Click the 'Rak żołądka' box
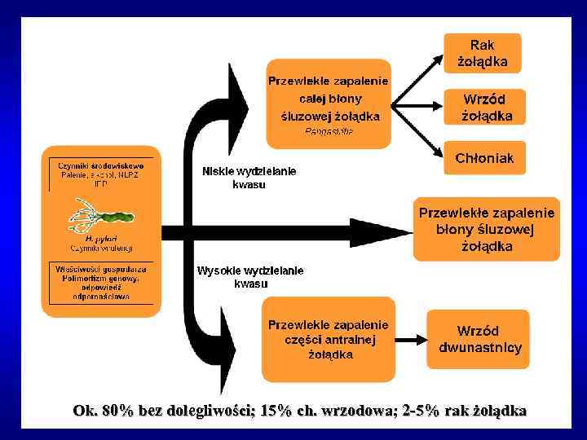coord(483,53)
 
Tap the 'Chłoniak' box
coord(485,158)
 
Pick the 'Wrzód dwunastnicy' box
coord(479,339)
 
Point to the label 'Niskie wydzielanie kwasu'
coord(249,178)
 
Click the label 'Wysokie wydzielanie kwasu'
coord(250,277)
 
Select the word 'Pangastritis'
coord(329,130)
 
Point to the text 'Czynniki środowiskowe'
coord(101,165)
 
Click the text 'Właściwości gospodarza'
coord(101,268)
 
